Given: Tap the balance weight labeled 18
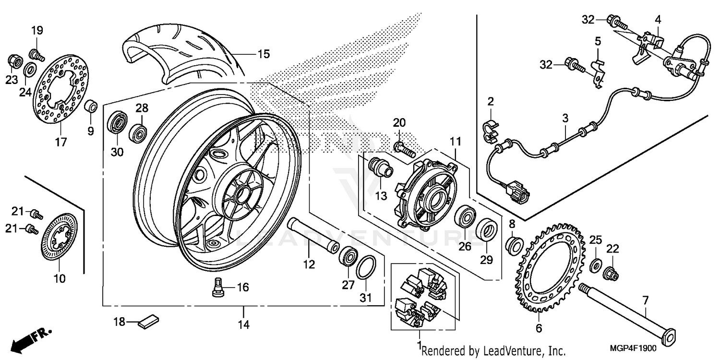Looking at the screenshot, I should click(148, 321).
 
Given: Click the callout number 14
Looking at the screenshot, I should click(244, 324).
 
